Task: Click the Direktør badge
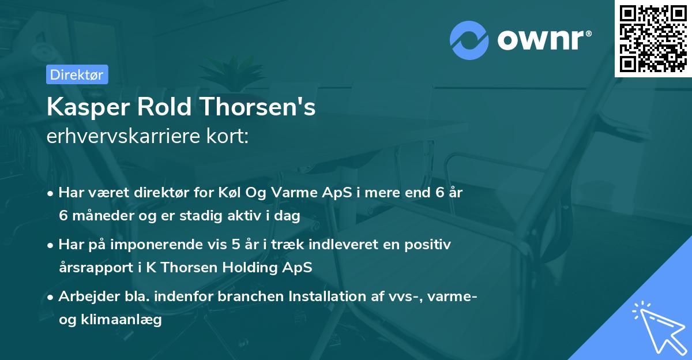tap(77, 74)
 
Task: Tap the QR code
tap(653, 38)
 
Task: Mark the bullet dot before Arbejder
tap(51, 297)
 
